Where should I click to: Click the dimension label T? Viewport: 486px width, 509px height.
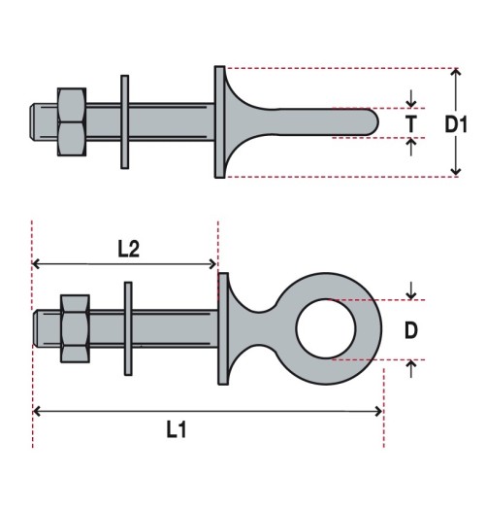[412, 123]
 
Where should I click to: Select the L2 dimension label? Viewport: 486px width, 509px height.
[128, 249]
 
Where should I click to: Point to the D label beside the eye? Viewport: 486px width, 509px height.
[411, 330]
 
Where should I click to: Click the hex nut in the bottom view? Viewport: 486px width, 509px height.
[75, 330]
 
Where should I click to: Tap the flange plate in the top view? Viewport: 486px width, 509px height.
[218, 121]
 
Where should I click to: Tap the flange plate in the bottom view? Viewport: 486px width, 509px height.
[222, 329]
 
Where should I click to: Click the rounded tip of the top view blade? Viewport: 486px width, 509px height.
[372, 122]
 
